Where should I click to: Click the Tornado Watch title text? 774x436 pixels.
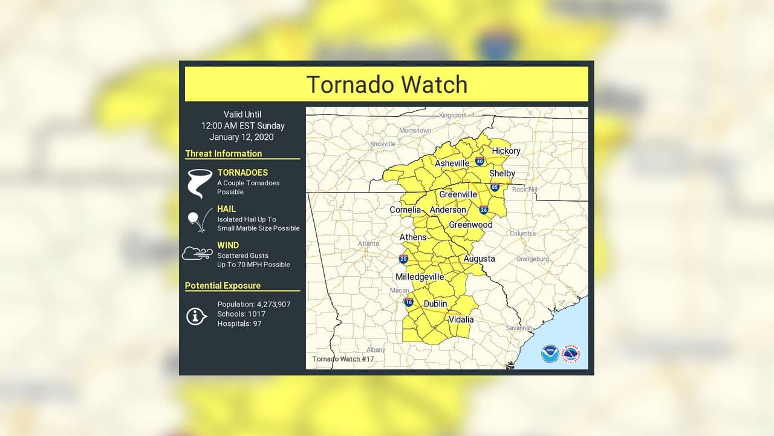[386, 85]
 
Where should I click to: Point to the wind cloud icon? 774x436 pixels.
[198, 254]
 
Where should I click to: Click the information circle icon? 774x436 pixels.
[197, 315]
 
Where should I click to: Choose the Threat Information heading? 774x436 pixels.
[224, 154]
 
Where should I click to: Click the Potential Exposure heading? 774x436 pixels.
[223, 286]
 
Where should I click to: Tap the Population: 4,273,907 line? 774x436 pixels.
[254, 304]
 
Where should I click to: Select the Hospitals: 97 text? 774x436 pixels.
[239, 324]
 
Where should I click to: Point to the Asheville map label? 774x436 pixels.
[452, 163]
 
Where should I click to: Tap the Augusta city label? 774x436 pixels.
[479, 259]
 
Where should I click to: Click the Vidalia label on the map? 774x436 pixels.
[461, 319]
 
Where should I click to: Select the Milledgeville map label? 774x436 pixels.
[420, 277]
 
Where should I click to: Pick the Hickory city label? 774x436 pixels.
[506, 151]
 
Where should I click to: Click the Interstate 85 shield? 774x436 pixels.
[495, 187]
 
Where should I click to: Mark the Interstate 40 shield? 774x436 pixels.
[480, 161]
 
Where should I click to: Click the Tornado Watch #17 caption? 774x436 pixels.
[343, 359]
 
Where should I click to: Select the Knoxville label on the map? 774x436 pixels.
[382, 144]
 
